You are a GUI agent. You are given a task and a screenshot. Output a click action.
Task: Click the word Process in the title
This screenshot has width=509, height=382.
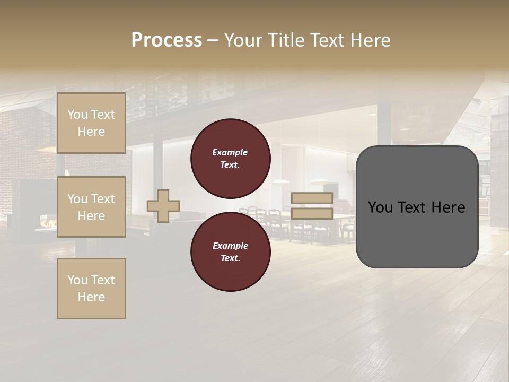pyautogui.click(x=166, y=40)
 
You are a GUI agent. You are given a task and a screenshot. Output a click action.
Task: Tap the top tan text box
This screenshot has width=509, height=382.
pyautogui.click(x=91, y=123)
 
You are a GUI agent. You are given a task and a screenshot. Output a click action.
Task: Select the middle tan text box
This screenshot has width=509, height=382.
pyautogui.click(x=91, y=207)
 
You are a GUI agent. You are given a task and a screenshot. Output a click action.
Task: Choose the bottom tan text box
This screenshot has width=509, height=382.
pyautogui.click(x=91, y=289)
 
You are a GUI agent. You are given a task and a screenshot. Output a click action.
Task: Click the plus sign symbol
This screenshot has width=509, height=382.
pyautogui.click(x=163, y=206)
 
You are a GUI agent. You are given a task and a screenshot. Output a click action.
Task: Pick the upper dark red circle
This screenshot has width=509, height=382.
pyautogui.click(x=230, y=159)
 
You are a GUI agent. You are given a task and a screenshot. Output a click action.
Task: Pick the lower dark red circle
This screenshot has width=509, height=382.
pyautogui.click(x=230, y=252)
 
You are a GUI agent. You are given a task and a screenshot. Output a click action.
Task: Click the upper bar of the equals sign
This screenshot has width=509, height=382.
pyautogui.click(x=312, y=198)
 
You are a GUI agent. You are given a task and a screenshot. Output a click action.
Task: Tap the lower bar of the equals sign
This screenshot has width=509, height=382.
pyautogui.click(x=312, y=214)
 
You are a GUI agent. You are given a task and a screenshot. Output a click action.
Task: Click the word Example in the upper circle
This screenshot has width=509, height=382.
pyautogui.click(x=230, y=152)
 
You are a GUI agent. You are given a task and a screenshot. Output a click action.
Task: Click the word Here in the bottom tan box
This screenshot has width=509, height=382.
pyautogui.click(x=91, y=297)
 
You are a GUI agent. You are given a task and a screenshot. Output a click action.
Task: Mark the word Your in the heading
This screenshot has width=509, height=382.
pyautogui.click(x=242, y=40)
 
